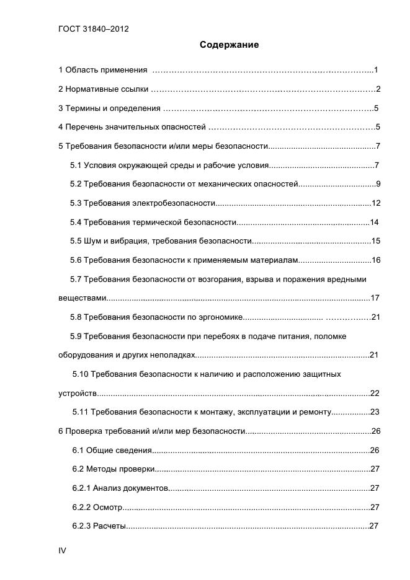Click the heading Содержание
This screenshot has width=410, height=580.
pyautogui.click(x=229, y=45)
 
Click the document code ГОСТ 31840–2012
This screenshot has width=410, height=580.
pyautogui.click(x=93, y=29)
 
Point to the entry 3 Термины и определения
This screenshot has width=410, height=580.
pyautogui.click(x=109, y=108)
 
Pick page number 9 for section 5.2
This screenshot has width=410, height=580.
pyautogui.click(x=378, y=185)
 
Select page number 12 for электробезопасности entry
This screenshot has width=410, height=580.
pyautogui.click(x=376, y=203)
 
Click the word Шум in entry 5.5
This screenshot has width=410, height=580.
pyautogui.click(x=95, y=241)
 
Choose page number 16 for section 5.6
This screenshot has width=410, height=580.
pyautogui.click(x=376, y=260)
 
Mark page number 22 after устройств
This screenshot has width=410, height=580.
pyautogui.click(x=374, y=393)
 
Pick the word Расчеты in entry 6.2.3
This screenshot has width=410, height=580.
pyautogui.click(x=110, y=527)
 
